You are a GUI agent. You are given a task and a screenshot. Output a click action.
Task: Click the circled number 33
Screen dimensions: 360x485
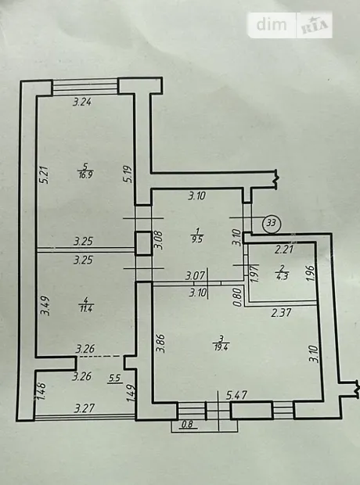coord(271,223)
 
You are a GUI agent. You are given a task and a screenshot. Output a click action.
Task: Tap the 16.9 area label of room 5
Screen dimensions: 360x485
coord(85,174)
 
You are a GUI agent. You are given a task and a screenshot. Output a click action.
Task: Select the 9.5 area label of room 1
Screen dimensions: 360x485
coord(197,239)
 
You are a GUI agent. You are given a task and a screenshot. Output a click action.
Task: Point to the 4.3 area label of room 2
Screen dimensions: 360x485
coord(283,276)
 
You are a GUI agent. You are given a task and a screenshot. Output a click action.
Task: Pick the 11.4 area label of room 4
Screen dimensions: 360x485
coord(86,308)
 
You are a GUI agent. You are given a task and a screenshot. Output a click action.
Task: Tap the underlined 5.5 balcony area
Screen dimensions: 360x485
coord(114,379)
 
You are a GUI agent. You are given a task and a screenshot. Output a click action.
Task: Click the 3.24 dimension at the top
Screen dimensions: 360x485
coord(82,102)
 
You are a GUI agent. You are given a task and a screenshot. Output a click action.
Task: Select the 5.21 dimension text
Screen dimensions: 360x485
coord(45,175)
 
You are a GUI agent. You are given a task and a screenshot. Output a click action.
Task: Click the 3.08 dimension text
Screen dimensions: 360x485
coord(159,240)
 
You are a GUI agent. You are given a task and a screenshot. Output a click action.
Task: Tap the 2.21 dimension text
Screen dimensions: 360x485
coord(284,249)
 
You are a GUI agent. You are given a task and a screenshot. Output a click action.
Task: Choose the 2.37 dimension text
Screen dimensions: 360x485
coord(282,313)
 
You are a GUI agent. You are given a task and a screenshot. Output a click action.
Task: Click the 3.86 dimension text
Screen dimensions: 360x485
coord(160,343)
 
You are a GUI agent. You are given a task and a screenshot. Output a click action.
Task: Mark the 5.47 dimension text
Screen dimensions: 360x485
coord(236,395)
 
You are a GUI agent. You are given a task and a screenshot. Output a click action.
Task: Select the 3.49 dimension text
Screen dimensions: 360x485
coord(45,306)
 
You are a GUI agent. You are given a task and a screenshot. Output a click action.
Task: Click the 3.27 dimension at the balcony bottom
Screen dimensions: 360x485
coord(85,408)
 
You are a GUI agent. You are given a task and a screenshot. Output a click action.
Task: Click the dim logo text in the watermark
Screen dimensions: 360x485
coord(272,24)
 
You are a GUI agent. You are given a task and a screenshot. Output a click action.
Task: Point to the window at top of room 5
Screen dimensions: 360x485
coord(85,87)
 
